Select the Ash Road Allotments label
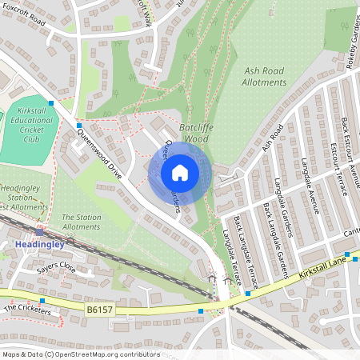click(263, 76)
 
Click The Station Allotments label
click(81, 222)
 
